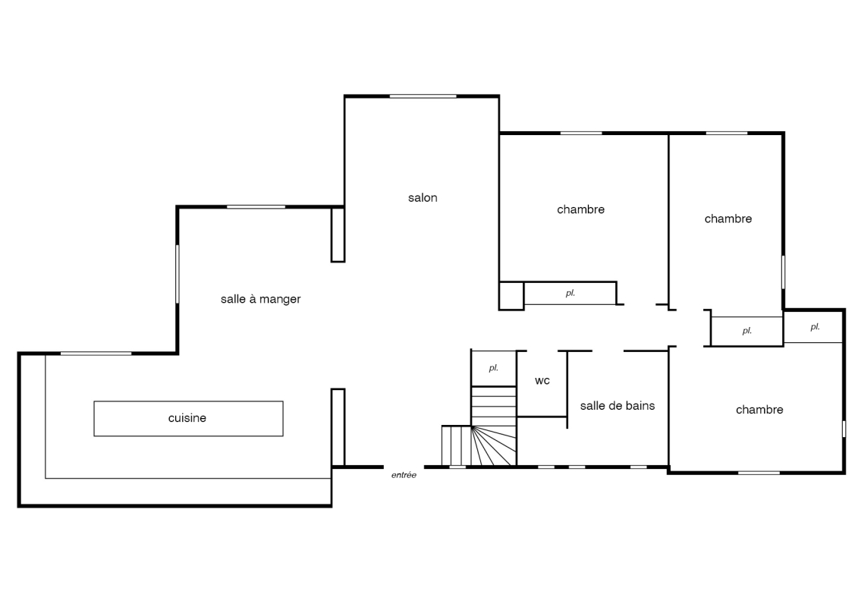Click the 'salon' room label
click(423, 197)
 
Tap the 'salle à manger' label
click(260, 299)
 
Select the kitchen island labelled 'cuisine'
click(188, 419)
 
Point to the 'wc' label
click(542, 381)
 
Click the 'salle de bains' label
click(618, 406)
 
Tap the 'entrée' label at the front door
click(404, 475)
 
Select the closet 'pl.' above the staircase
click(494, 368)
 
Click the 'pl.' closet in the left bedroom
click(570, 294)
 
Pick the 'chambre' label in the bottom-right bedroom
click(759, 410)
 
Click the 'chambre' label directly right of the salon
click(580, 209)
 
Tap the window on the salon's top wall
click(423, 96)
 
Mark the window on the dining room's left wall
click(178, 274)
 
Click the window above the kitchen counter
click(96, 354)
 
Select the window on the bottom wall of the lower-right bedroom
click(759, 473)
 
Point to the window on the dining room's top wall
click(256, 207)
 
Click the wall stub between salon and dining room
click(338, 234)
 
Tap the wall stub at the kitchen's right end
click(338, 427)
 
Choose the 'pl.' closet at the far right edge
click(813, 327)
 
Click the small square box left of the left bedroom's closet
click(511, 296)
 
